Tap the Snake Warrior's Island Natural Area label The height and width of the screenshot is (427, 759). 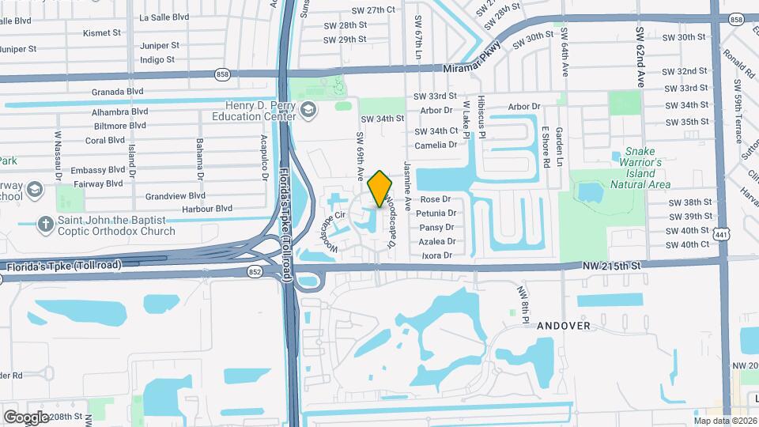click(x=640, y=167)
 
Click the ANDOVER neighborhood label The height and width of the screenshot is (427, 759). click(x=564, y=325)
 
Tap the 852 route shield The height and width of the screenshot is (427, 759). click(x=254, y=271)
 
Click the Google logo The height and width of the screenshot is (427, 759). click(x=26, y=417)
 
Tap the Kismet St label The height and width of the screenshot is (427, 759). click(x=102, y=33)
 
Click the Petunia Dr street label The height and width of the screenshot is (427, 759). click(x=439, y=213)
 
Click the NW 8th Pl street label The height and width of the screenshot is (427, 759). click(x=523, y=304)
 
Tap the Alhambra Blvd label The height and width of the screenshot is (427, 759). click(x=120, y=112)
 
